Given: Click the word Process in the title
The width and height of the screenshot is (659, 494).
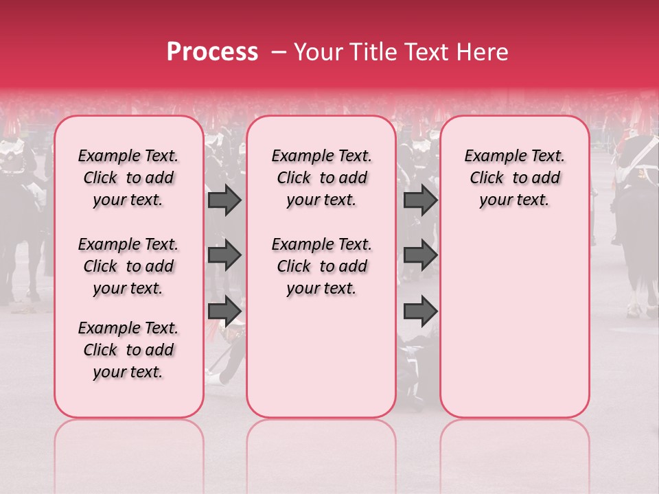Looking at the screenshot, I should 212,52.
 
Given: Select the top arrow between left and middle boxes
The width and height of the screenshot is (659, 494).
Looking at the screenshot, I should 224,200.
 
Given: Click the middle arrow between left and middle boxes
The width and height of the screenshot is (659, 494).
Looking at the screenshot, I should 224,255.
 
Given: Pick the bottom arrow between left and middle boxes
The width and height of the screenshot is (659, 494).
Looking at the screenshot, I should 224,311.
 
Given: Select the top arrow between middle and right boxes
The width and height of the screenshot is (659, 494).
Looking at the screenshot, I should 420,200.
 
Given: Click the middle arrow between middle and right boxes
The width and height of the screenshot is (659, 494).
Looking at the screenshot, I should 420,255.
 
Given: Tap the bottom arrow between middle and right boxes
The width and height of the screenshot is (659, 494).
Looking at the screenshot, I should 420,311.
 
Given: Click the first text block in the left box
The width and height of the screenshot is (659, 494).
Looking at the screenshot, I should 128,178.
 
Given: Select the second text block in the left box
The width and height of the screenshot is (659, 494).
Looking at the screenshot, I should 128,266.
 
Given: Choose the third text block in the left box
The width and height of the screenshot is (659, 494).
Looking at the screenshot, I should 128,350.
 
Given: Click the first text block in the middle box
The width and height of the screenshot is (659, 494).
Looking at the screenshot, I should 321,178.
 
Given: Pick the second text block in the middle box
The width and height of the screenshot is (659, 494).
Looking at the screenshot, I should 321,266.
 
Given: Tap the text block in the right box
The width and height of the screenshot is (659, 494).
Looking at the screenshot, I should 514,178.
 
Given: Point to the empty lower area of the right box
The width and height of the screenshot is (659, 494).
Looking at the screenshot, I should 514,322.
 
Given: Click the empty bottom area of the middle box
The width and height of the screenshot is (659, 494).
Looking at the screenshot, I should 321,364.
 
